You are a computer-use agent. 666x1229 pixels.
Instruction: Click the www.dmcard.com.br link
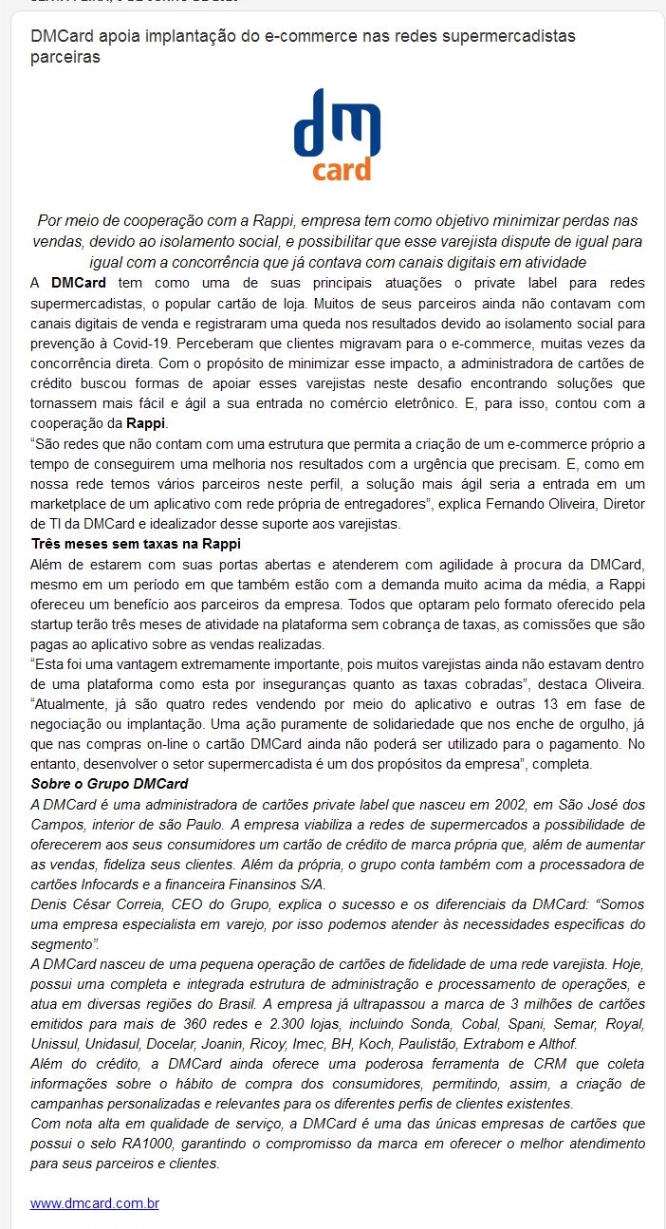click(x=94, y=1203)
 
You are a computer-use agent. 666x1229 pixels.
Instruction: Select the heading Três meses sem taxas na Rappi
click(x=136, y=544)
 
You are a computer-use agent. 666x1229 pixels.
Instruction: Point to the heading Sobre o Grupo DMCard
click(x=109, y=783)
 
